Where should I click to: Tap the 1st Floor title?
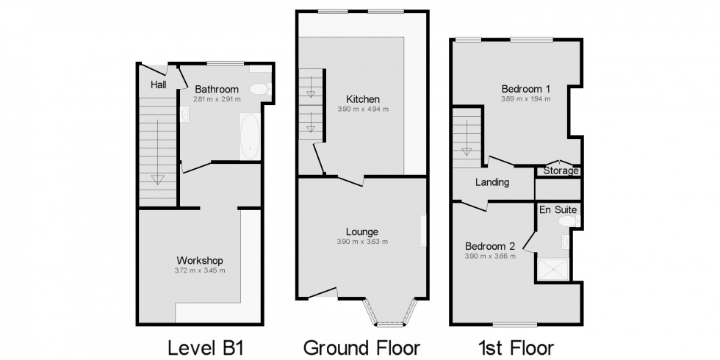(x=516, y=346)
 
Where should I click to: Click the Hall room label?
(x=158, y=85)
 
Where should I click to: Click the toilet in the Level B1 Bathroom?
(x=259, y=89)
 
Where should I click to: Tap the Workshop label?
(x=199, y=261)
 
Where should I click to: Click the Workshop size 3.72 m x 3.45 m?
(x=199, y=270)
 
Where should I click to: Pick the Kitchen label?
(x=363, y=99)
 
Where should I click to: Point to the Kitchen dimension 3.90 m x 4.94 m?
(x=363, y=109)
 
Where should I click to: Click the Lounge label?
(x=363, y=232)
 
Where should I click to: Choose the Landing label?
(x=492, y=182)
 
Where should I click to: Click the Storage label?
(x=561, y=171)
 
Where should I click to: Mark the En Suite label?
(x=559, y=210)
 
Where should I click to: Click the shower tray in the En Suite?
(x=552, y=270)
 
